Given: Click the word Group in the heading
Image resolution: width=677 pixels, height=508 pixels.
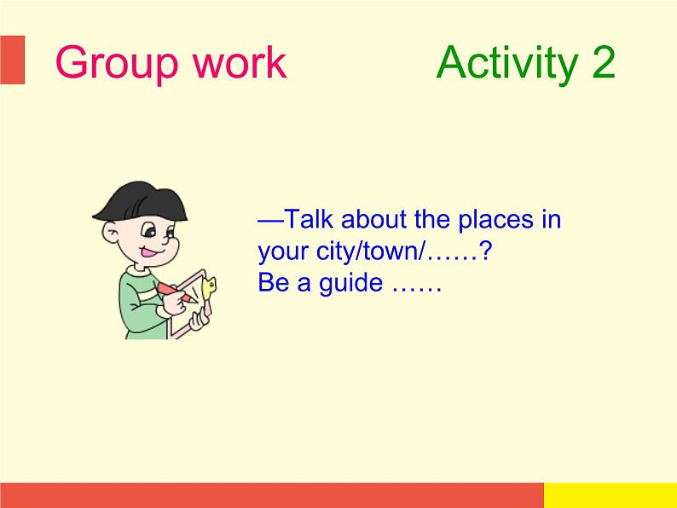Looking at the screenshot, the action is (x=117, y=64).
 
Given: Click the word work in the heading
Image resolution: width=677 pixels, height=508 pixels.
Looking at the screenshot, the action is (x=240, y=62).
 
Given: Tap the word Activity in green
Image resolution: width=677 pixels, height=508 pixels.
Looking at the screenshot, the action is (x=507, y=64).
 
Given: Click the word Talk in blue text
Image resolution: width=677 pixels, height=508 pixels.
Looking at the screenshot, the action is (x=310, y=218).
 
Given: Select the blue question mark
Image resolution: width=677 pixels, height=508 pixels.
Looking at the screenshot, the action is (x=486, y=251).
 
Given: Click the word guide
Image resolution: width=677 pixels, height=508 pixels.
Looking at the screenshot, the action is (x=350, y=284).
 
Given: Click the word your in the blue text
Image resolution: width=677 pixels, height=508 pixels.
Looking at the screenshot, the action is (x=284, y=253).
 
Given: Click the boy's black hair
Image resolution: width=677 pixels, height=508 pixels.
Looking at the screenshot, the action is (x=142, y=201).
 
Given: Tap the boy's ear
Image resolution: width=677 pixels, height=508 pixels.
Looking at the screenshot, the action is (x=110, y=233).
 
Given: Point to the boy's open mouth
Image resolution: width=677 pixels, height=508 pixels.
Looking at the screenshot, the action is (x=150, y=251).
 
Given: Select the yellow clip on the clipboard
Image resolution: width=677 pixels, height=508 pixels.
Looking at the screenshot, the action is (x=209, y=286).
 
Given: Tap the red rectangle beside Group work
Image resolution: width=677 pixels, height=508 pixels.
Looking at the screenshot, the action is (x=13, y=60).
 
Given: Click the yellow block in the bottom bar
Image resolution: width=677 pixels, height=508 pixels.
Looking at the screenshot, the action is (x=610, y=495).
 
